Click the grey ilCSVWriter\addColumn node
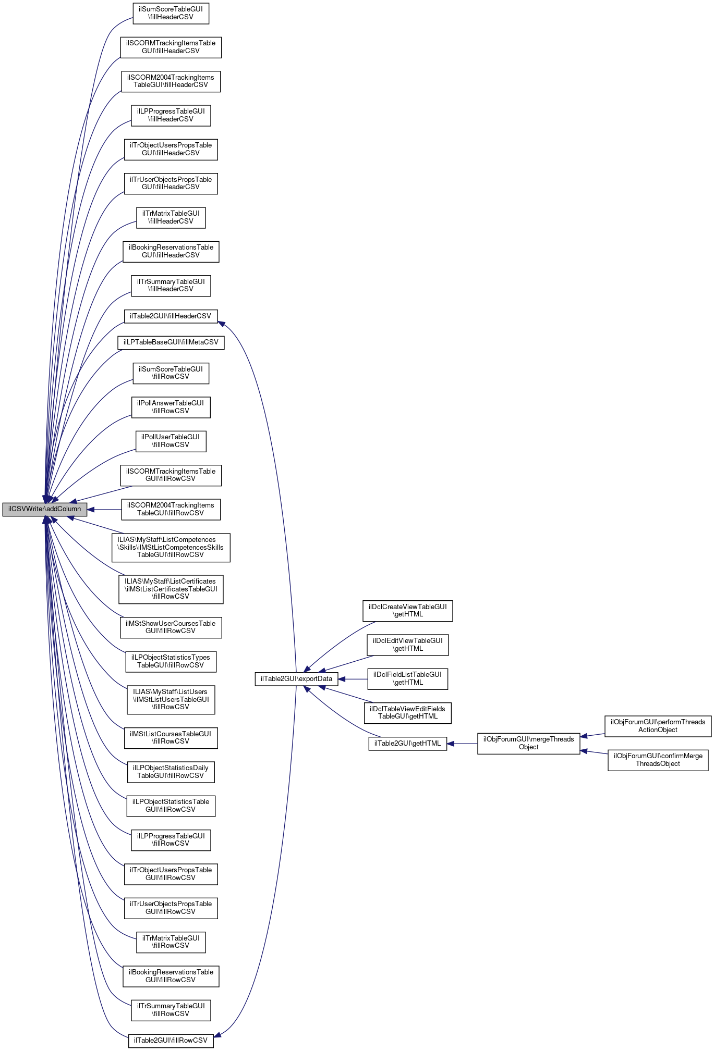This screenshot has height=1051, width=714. pos(44,509)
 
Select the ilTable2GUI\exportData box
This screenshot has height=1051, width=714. pos(296,679)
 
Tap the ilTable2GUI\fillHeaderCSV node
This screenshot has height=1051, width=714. pos(171,316)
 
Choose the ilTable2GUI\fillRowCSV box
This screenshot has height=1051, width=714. pos(171,1041)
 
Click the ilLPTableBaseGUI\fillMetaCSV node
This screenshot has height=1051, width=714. pos(171,342)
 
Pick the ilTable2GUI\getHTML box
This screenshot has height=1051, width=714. pos(407,744)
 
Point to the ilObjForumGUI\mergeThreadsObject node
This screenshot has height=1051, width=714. pos(528,743)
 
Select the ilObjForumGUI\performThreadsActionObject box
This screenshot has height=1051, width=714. pos(658,726)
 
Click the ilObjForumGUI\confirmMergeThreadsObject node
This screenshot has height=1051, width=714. pos(658,760)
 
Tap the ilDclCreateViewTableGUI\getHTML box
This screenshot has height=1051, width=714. pos(407,611)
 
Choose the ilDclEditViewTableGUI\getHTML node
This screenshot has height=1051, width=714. pos(407,645)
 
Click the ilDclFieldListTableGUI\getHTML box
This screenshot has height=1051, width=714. pos(407,678)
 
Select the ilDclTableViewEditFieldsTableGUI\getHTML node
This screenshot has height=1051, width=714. pos(407,712)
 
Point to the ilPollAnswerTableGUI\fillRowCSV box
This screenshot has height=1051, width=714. pos(171,407)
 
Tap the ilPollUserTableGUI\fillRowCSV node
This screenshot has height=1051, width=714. pos(171,441)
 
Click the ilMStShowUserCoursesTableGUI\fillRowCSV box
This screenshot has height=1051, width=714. pos(171,627)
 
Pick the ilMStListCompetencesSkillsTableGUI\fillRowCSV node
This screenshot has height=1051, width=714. pos(171,547)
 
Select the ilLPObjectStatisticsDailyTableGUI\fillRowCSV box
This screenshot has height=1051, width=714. pos(171,772)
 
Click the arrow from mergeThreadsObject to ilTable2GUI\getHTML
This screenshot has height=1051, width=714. pos(462,744)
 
